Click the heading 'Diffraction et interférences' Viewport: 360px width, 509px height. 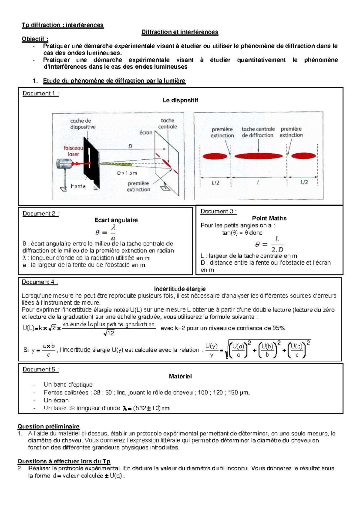point(180,32)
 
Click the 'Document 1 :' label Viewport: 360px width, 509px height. point(40,94)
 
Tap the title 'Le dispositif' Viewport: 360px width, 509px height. point(180,101)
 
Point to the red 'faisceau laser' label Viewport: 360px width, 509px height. point(73,151)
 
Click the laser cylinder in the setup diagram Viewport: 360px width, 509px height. point(64,164)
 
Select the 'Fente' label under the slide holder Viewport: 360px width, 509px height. point(78,186)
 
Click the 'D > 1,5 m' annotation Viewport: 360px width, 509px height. point(127,173)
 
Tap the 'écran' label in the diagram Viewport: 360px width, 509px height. point(146,133)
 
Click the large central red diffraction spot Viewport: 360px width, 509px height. point(259,156)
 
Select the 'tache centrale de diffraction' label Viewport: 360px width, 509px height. point(258,132)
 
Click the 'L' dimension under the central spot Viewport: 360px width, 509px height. point(258,182)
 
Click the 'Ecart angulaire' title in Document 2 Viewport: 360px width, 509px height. point(116,220)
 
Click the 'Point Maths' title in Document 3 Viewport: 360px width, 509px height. point(269,218)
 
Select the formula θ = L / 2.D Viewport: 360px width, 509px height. point(269,244)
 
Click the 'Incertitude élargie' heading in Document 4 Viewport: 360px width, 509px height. point(180,289)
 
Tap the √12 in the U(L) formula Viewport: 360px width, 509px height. point(109,333)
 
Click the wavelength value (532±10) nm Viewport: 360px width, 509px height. point(146,408)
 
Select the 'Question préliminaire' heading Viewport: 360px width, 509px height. point(48,426)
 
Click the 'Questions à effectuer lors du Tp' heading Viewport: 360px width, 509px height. point(64,461)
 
